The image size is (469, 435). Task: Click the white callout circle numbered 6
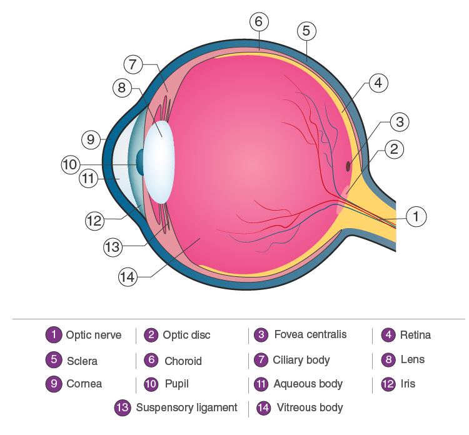pyautogui.click(x=259, y=21)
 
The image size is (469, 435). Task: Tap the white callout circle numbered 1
pyautogui.click(x=416, y=216)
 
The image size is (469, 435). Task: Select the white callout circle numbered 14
pyautogui.click(x=128, y=277)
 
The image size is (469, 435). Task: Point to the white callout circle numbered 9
pyautogui.click(x=91, y=139)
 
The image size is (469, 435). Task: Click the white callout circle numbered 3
pyautogui.click(x=400, y=122)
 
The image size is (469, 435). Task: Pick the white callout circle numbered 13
pyautogui.click(x=113, y=247)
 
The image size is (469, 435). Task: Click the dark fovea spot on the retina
pyautogui.click(x=348, y=166)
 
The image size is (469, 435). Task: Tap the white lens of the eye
pyautogui.click(x=159, y=162)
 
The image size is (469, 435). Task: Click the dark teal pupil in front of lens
pyautogui.click(x=140, y=162)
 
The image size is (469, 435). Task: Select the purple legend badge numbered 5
pyautogui.click(x=54, y=359)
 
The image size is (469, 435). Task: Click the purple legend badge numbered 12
pyautogui.click(x=388, y=384)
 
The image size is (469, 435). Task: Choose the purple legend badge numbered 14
pyautogui.click(x=263, y=407)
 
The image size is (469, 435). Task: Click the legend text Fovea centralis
pyautogui.click(x=310, y=334)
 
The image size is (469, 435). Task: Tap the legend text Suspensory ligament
pyautogui.click(x=186, y=407)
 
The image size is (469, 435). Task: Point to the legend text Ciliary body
pyautogui.click(x=301, y=360)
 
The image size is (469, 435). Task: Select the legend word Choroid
pyautogui.click(x=183, y=361)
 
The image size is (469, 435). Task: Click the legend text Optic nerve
pyautogui.click(x=94, y=336)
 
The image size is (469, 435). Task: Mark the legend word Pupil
pyautogui.click(x=177, y=384)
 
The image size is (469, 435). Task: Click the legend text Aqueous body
pyautogui.click(x=308, y=384)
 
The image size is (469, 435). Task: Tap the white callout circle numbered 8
pyautogui.click(x=122, y=87)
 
